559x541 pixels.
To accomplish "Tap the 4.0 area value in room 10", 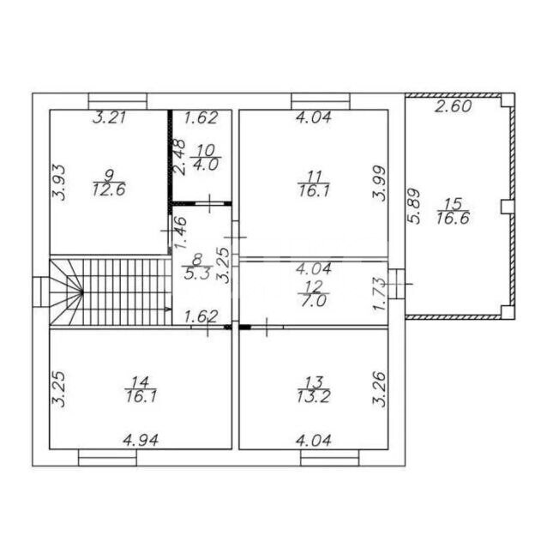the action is (206, 165).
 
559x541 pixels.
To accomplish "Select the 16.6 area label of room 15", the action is (454, 218).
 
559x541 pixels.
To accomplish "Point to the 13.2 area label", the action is (314, 396).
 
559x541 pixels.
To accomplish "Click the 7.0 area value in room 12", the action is (314, 301).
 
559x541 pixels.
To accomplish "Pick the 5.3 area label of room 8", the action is (196, 274).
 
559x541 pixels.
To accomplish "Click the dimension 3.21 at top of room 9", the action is (110, 117).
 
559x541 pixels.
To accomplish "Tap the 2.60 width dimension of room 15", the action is (454, 106).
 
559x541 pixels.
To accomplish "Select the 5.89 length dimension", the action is (415, 206).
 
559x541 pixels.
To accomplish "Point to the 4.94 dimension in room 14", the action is (141, 441).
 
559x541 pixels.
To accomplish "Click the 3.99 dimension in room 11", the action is (379, 183).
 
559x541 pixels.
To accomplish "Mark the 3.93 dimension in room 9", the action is (59, 183).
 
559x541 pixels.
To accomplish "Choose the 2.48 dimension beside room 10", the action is (179, 157).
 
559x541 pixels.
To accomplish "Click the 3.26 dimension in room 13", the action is (379, 389).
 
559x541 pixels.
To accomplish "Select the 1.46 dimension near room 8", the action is (180, 233).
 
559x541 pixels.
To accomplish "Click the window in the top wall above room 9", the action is (117, 101).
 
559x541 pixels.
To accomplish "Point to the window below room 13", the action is (330, 458).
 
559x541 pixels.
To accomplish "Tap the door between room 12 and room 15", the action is (397, 284).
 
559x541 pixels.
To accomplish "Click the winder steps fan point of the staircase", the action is (82, 292).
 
